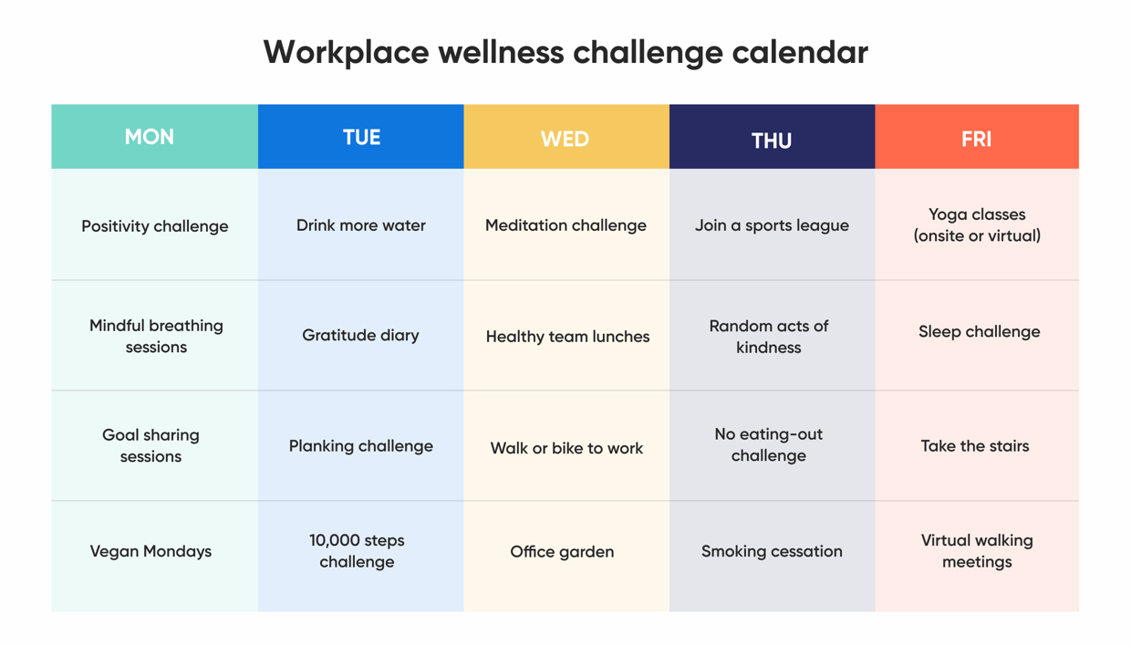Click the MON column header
150,137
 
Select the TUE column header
361,138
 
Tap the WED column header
565,139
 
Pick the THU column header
772,140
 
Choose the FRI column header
976,139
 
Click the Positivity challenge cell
155,226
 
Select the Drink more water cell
361,225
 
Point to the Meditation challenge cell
565,225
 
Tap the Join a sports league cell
772,225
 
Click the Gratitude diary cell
361,335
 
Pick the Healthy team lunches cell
567,337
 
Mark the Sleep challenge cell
979,332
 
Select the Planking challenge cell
361,446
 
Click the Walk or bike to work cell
566,448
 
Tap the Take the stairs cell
975,446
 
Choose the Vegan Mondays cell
151,551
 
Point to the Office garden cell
562,551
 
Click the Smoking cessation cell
772,551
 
